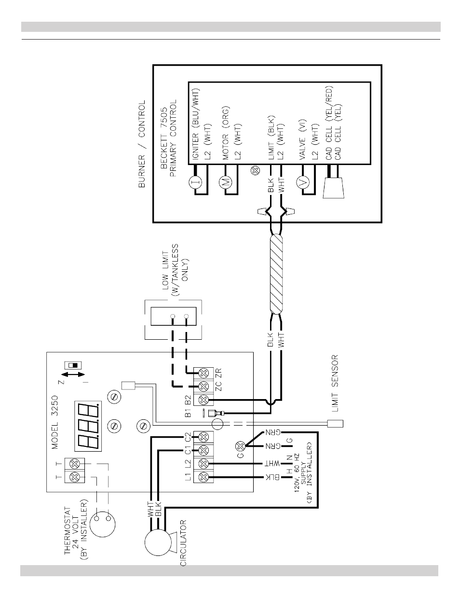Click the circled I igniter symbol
[x=194, y=181]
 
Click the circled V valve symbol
[x=303, y=182]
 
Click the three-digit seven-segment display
[x=87, y=419]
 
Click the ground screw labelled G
[x=238, y=446]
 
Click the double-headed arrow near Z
[x=73, y=374]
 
